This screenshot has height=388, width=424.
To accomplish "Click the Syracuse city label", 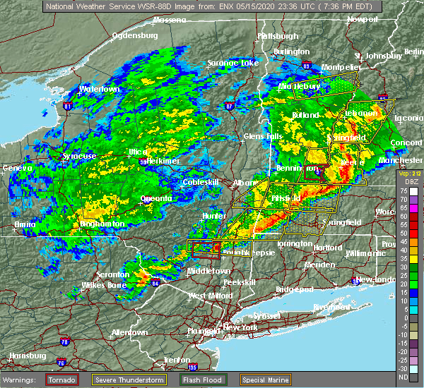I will [x=78, y=156].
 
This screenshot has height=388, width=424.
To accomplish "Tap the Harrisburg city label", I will [x=23, y=356].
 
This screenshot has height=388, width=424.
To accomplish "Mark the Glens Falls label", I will [x=264, y=135].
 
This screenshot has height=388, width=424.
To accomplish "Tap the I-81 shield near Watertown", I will [x=67, y=106].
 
